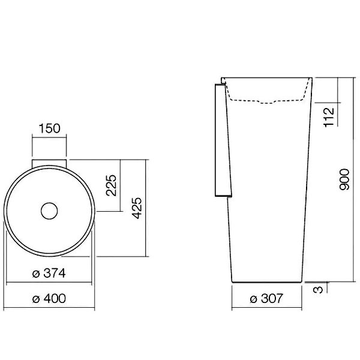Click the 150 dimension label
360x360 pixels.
coord(49,128)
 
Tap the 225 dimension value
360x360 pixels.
coord(111,185)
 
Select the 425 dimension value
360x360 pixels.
coord(137,208)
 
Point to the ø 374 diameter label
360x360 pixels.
coord(49,273)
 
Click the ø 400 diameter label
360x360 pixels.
coord(49,298)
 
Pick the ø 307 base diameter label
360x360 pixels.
coord(266,298)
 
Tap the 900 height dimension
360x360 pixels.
coord(344,179)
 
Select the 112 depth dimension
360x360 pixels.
coord(329,117)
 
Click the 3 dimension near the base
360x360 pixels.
coord(318,290)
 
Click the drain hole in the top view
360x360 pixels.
coord(49,211)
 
